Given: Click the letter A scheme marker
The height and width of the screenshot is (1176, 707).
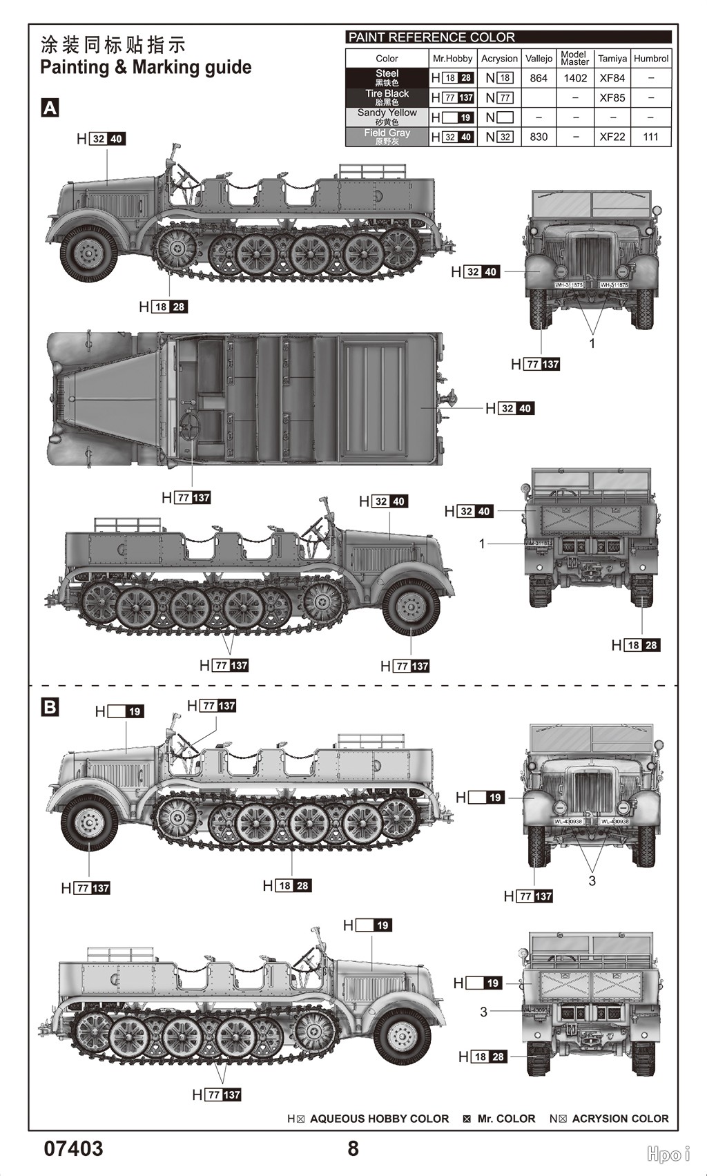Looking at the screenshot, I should point(50,108).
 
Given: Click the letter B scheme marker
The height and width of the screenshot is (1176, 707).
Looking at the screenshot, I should point(50,707).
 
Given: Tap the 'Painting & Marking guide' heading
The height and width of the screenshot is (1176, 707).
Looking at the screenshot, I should point(146,67).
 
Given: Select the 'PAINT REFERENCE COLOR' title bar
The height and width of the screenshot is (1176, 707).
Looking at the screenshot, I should point(508,37).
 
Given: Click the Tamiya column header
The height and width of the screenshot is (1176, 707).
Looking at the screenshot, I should point(612,59).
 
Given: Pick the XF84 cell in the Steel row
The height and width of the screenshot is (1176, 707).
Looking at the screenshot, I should point(612,78).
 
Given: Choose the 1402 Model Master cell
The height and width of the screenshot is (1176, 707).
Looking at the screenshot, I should point(574,78).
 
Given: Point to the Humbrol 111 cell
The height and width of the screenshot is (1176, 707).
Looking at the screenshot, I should point(650,137).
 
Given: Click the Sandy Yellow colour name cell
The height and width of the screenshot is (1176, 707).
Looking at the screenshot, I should point(387,117).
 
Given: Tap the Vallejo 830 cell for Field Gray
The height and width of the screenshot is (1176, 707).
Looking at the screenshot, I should point(539,137).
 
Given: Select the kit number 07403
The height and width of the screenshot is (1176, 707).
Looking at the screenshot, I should point(73,1148).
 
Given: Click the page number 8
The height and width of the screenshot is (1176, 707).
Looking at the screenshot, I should point(353,1148).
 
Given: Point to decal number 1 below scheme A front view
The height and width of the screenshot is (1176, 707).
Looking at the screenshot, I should point(592,343).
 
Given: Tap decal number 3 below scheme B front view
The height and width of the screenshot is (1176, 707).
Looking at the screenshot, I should point(592,880).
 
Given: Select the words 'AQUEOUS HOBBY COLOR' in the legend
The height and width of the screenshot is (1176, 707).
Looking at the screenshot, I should point(379,1119).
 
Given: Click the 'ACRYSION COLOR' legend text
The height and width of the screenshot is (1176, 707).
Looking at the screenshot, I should point(620,1119).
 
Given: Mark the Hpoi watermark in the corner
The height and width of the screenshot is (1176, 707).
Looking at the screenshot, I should point(668,1153).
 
